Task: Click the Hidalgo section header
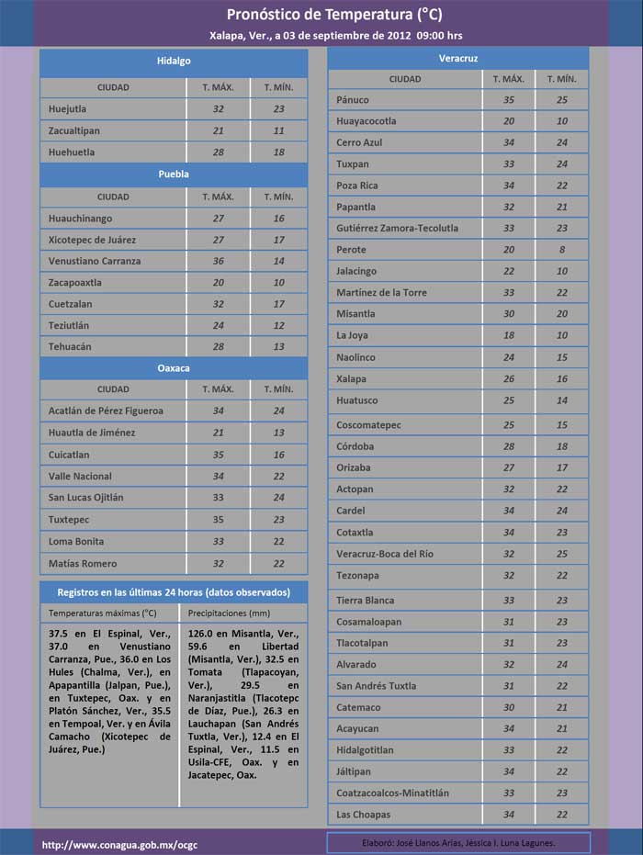(x=173, y=62)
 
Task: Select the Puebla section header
(x=173, y=174)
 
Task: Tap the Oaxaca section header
(x=173, y=367)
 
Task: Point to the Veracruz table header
(x=458, y=58)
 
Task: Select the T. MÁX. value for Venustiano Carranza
(x=218, y=261)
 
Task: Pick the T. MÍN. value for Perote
(x=561, y=250)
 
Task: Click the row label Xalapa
(x=351, y=378)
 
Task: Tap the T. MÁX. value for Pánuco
(x=508, y=100)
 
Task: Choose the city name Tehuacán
(x=70, y=347)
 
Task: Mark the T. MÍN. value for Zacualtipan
(x=278, y=130)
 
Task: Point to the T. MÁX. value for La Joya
(x=508, y=335)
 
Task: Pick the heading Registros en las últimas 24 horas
(x=173, y=592)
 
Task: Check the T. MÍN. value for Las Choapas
(x=561, y=815)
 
